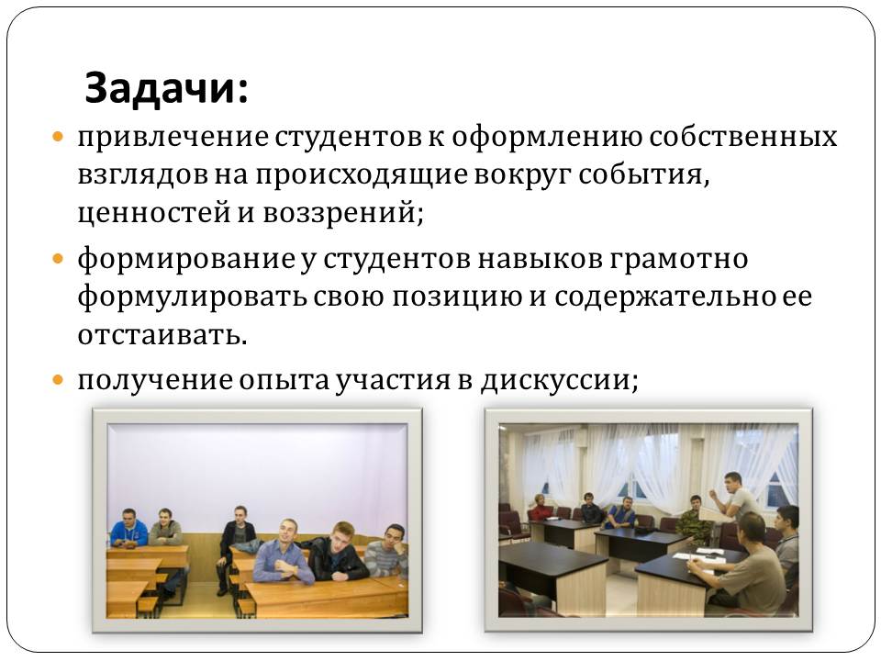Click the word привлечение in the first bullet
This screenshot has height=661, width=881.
tap(173, 138)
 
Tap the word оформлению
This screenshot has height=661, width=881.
tap(547, 138)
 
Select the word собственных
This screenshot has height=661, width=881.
tap(742, 137)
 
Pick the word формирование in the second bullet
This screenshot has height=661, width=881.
tap(186, 260)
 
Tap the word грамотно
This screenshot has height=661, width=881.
tap(678, 260)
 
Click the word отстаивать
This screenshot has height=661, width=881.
tap(162, 335)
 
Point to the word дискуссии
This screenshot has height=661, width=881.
tap(559, 380)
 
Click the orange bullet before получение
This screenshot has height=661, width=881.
tap(59, 379)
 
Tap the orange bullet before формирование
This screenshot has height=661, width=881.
tap(59, 259)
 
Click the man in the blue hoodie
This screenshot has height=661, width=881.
tap(128, 529)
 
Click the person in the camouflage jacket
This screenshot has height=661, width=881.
tap(694, 520)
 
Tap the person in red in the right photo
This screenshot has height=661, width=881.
tap(541, 507)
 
